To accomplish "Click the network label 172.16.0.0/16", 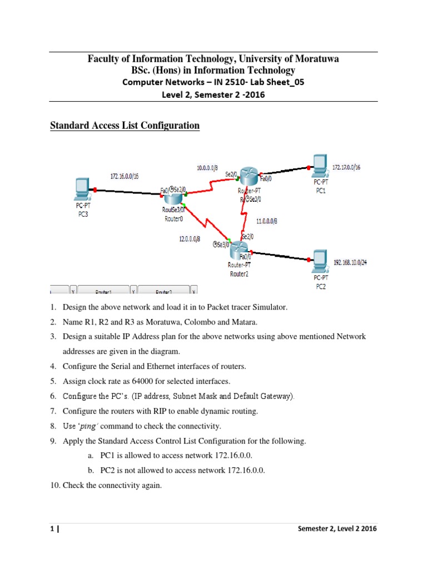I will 124,176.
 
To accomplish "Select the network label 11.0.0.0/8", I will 267,221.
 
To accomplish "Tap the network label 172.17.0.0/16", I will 346,167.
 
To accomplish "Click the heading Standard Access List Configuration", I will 125,126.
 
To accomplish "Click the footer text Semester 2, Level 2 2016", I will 337,529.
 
